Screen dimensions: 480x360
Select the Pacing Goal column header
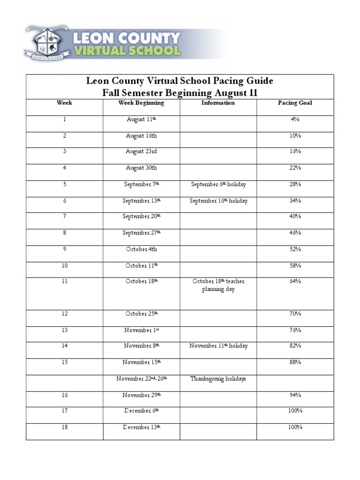(x=295, y=103)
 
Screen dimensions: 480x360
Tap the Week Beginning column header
(x=141, y=103)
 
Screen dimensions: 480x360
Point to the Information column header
(x=218, y=103)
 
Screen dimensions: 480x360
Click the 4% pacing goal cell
(x=295, y=120)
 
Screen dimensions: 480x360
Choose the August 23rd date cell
(x=141, y=151)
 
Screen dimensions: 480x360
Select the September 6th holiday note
(x=218, y=184)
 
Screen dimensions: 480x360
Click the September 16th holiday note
(x=218, y=201)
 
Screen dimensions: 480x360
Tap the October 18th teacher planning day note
(x=218, y=285)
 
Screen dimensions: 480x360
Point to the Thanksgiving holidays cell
(x=218, y=379)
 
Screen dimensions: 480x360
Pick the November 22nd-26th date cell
(x=141, y=379)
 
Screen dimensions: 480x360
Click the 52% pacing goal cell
(x=295, y=249)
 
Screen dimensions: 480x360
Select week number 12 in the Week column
(x=64, y=314)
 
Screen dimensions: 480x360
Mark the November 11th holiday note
(x=218, y=346)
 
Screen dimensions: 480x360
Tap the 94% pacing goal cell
(x=295, y=395)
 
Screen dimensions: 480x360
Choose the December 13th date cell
(x=141, y=427)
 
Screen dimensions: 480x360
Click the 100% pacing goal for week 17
(x=295, y=411)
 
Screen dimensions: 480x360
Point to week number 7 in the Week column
(x=64, y=217)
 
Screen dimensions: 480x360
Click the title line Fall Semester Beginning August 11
(x=180, y=92)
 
